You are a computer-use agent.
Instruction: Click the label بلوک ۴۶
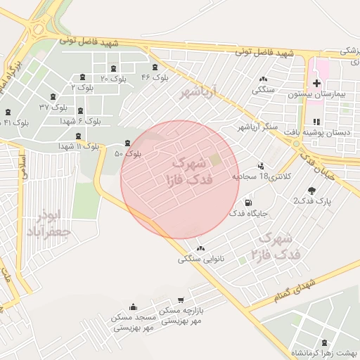(155, 77)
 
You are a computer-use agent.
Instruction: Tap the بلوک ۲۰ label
(114, 79)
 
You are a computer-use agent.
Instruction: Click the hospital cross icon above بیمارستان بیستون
(316, 84)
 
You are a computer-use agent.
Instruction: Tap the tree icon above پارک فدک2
(312, 191)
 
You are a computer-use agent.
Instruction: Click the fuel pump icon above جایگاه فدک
(247, 203)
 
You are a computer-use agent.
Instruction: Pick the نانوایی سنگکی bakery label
(201, 259)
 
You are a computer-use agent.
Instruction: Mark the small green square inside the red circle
(216, 160)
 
